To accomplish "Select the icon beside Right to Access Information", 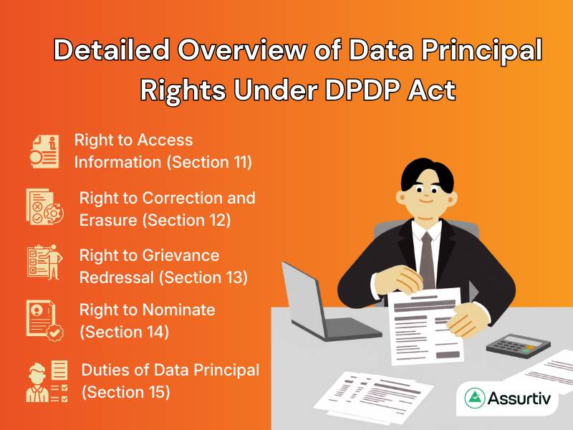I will (44, 150).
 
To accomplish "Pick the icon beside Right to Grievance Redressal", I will (44, 265).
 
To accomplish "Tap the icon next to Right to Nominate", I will (44, 320).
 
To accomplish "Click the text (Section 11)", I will (209, 162).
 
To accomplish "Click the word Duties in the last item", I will (105, 371).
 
